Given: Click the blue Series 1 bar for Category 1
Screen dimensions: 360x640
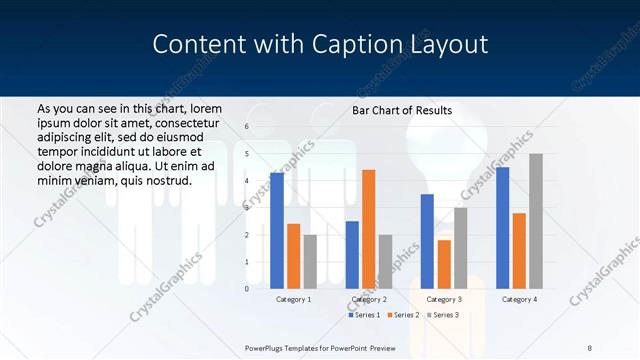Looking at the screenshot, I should pos(277,231).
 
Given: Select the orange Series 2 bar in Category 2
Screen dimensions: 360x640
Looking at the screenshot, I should pos(369,229).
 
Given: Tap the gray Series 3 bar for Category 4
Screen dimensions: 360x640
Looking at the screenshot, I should pos(536,221).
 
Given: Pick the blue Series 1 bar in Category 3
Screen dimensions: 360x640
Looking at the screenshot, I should pos(427,241).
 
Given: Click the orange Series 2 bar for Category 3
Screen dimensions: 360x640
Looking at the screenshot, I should pos(444,264).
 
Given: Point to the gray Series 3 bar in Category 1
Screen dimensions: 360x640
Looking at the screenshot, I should pos(310,261).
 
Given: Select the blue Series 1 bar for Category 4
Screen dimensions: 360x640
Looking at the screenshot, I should pos(502,228).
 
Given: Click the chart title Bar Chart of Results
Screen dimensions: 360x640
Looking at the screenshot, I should pos(402,111).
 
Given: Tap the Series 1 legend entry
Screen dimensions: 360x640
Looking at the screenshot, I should pos(364,315).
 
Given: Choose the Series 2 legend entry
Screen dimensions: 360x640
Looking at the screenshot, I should pos(403,315).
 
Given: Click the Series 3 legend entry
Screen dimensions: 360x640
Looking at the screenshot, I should pos(442,315).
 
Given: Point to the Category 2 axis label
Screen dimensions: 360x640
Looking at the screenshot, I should pos(369,299).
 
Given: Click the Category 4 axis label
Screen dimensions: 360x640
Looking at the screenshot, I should pos(519,299).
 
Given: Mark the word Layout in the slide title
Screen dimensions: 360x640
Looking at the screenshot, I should pos(447,45).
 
